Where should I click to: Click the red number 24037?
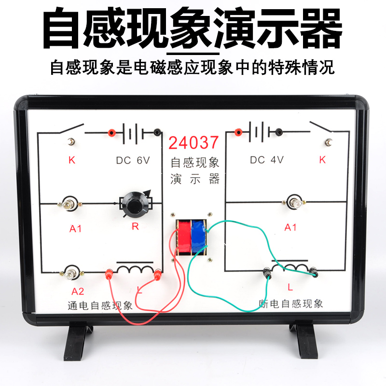click(194, 142)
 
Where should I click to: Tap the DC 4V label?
click(267, 160)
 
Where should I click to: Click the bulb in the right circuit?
click(292, 202)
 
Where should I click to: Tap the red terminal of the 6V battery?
click(111, 132)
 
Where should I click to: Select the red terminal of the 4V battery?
click(237, 131)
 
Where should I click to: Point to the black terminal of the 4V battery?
click(279, 131)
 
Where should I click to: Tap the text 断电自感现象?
click(291, 304)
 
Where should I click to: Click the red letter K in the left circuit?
click(72, 160)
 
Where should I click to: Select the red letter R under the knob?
click(135, 227)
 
